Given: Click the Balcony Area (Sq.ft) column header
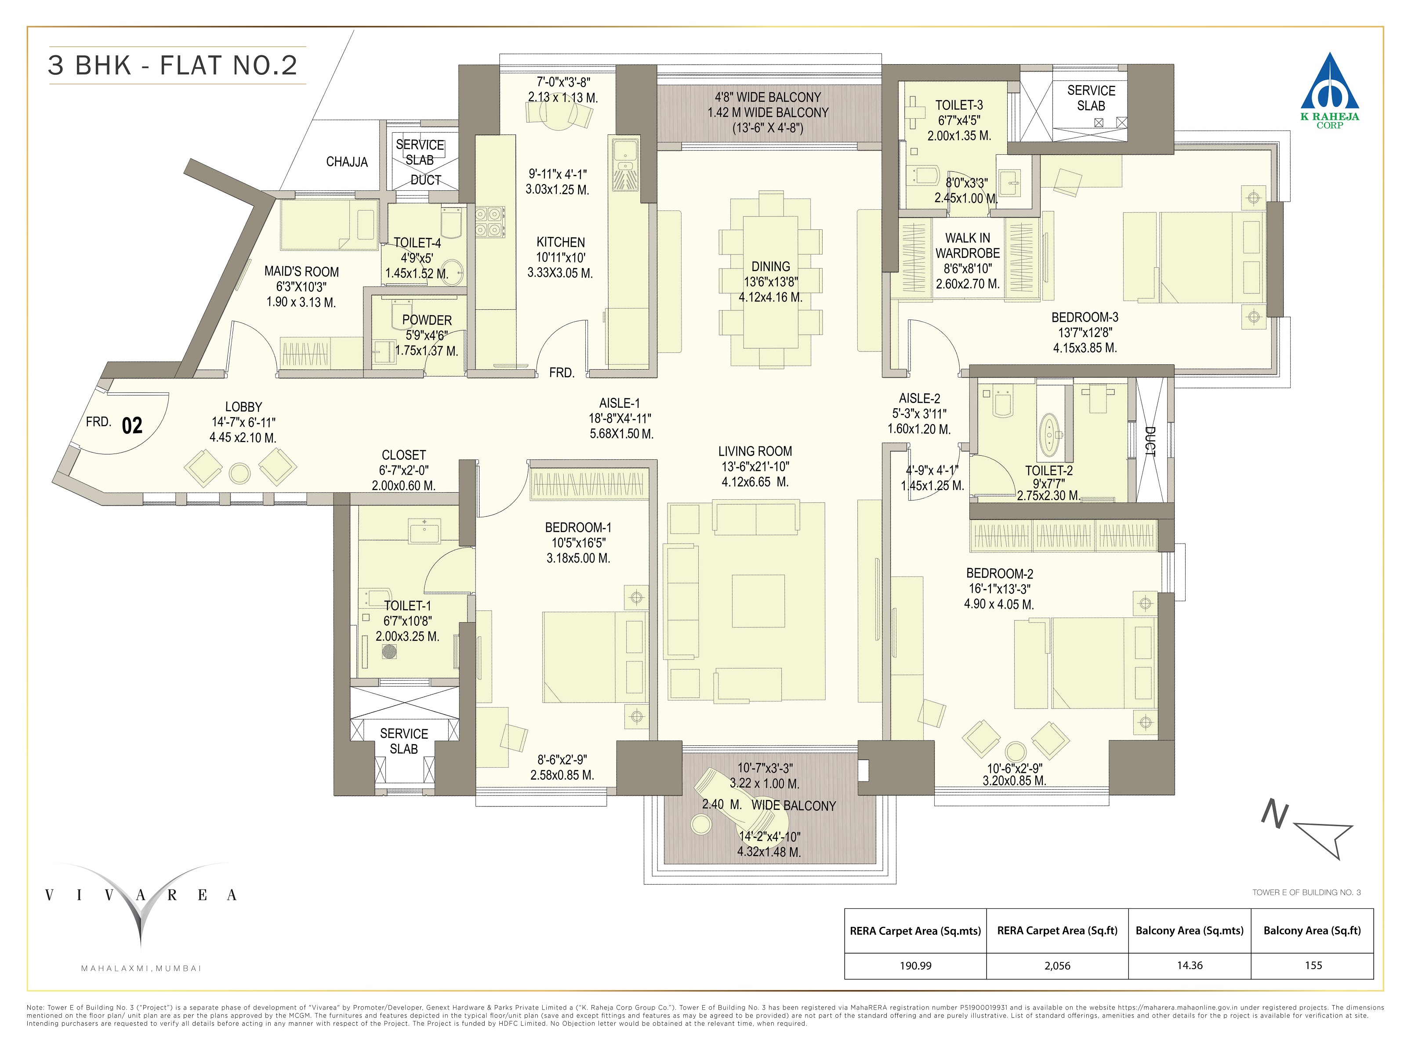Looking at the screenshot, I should pos(1312,930).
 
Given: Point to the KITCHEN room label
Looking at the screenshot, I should pos(560,242).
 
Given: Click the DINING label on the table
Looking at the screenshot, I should pos(770,267).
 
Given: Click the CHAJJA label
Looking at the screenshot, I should pos(346,162).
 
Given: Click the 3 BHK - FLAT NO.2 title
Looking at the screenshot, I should pos(173,65).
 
